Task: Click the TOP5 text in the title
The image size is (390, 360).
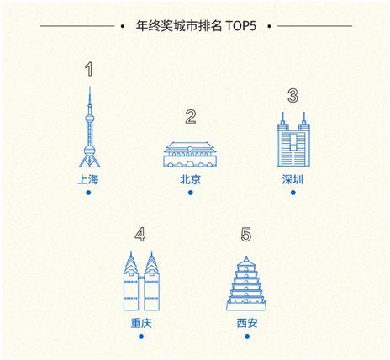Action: coord(240,26)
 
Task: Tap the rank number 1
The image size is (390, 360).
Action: coord(89,69)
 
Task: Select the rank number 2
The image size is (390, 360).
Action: coord(191,117)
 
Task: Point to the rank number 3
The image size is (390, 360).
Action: coord(292,96)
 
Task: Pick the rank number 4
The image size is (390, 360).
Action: coord(140,235)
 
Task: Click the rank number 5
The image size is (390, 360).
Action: coord(246,235)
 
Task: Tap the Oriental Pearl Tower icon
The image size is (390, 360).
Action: coord(90,127)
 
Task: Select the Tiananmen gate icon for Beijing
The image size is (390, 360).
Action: coord(190,155)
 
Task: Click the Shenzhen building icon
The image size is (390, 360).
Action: coord(293,140)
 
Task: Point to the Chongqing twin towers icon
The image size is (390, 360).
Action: coord(141,281)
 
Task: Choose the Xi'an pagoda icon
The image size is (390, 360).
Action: coord(246,283)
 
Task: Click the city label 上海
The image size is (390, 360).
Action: coord(88,179)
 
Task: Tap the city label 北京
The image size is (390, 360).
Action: coord(191,179)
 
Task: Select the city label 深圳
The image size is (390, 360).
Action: coord(292,179)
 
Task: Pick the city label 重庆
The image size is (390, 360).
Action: coord(141,323)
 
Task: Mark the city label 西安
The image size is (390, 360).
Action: coord(247,323)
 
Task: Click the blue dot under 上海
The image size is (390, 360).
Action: coord(88,193)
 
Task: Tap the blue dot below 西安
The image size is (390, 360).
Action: coord(247,336)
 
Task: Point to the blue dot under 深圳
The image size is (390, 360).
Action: coord(293,193)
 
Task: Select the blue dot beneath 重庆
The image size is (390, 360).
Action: coord(141,336)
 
